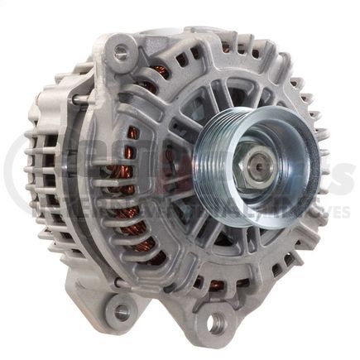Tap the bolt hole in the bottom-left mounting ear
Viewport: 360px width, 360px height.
pyautogui.click(x=122, y=310)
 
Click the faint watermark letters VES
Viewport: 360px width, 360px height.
pyautogui.click(x=339, y=213)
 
